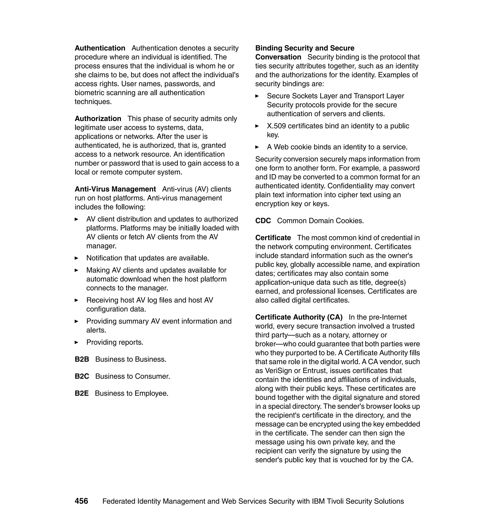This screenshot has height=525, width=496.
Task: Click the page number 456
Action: (81, 501)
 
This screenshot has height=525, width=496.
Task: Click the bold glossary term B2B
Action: (82, 359)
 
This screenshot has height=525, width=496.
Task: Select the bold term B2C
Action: (82, 376)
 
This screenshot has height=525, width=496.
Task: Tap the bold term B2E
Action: (81, 393)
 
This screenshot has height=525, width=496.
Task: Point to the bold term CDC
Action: (263, 221)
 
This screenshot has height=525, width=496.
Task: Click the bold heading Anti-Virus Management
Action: (115, 189)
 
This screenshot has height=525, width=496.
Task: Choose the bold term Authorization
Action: (98, 118)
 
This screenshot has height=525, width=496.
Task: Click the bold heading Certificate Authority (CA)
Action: (299, 317)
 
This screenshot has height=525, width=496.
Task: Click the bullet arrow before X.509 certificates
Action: (257, 126)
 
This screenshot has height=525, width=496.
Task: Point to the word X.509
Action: (276, 126)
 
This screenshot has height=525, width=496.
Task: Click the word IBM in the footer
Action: (318, 501)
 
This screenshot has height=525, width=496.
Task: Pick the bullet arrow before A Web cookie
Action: (257, 147)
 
